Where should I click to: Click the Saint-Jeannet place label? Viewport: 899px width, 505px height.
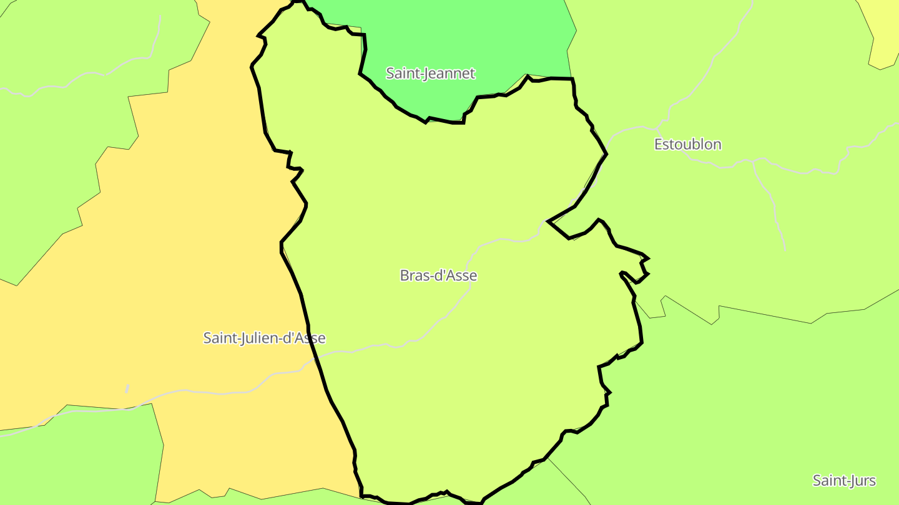pyautogui.click(x=430, y=74)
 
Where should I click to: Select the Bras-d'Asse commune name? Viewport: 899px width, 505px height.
pyautogui.click(x=438, y=276)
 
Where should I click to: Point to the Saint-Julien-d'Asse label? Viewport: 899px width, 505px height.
pyautogui.click(x=264, y=338)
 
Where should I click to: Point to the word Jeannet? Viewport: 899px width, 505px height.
pyautogui.click(x=449, y=74)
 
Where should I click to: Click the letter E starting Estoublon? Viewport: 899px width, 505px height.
pyautogui.click(x=658, y=145)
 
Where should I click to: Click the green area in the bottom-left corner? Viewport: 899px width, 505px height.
pyautogui.click(x=81, y=461)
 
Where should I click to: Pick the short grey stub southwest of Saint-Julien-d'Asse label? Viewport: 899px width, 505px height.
pyautogui.click(x=127, y=388)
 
